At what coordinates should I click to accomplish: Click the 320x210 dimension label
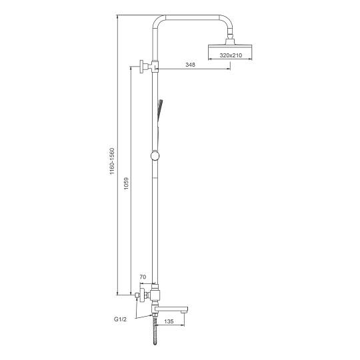pos(231,55)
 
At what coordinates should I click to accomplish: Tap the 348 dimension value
pos(190,65)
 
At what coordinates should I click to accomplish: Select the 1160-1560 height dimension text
pos(112,161)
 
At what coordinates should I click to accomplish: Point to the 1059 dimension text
pos(126,183)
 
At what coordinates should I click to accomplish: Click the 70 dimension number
pos(143,277)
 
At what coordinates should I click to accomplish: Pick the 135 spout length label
pos(169,321)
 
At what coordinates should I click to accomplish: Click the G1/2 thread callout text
pos(120,319)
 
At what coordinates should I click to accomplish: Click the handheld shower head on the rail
pos(160,113)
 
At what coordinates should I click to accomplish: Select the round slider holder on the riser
pos(155,156)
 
